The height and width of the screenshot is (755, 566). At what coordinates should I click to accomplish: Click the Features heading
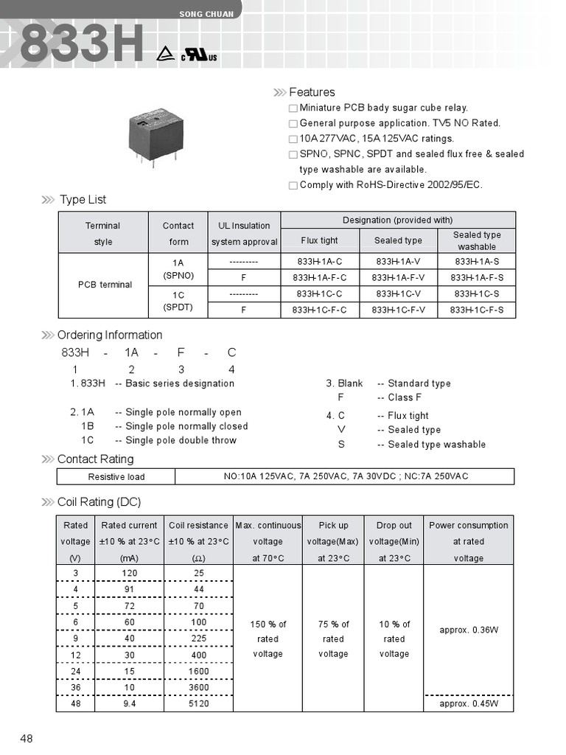312,92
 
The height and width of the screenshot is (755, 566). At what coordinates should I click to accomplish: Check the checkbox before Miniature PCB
293,108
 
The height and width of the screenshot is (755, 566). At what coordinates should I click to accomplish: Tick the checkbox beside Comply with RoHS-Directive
293,186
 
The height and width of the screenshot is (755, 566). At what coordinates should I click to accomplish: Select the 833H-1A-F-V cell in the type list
398,278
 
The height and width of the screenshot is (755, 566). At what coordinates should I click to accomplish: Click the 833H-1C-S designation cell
477,294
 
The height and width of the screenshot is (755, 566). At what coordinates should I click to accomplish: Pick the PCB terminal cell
105,285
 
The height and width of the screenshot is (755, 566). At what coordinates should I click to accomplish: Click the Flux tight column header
319,240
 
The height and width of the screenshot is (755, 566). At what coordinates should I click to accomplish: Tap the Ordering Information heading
110,335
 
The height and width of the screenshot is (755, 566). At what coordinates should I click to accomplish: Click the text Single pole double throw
181,440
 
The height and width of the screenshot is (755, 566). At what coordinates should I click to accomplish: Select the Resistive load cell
116,477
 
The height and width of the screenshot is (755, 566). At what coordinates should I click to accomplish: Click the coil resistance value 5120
198,704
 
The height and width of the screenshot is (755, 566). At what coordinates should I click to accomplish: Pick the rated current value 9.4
129,704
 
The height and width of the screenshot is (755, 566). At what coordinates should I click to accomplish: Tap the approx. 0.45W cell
469,704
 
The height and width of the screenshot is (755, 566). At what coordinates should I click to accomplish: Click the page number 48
27,739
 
